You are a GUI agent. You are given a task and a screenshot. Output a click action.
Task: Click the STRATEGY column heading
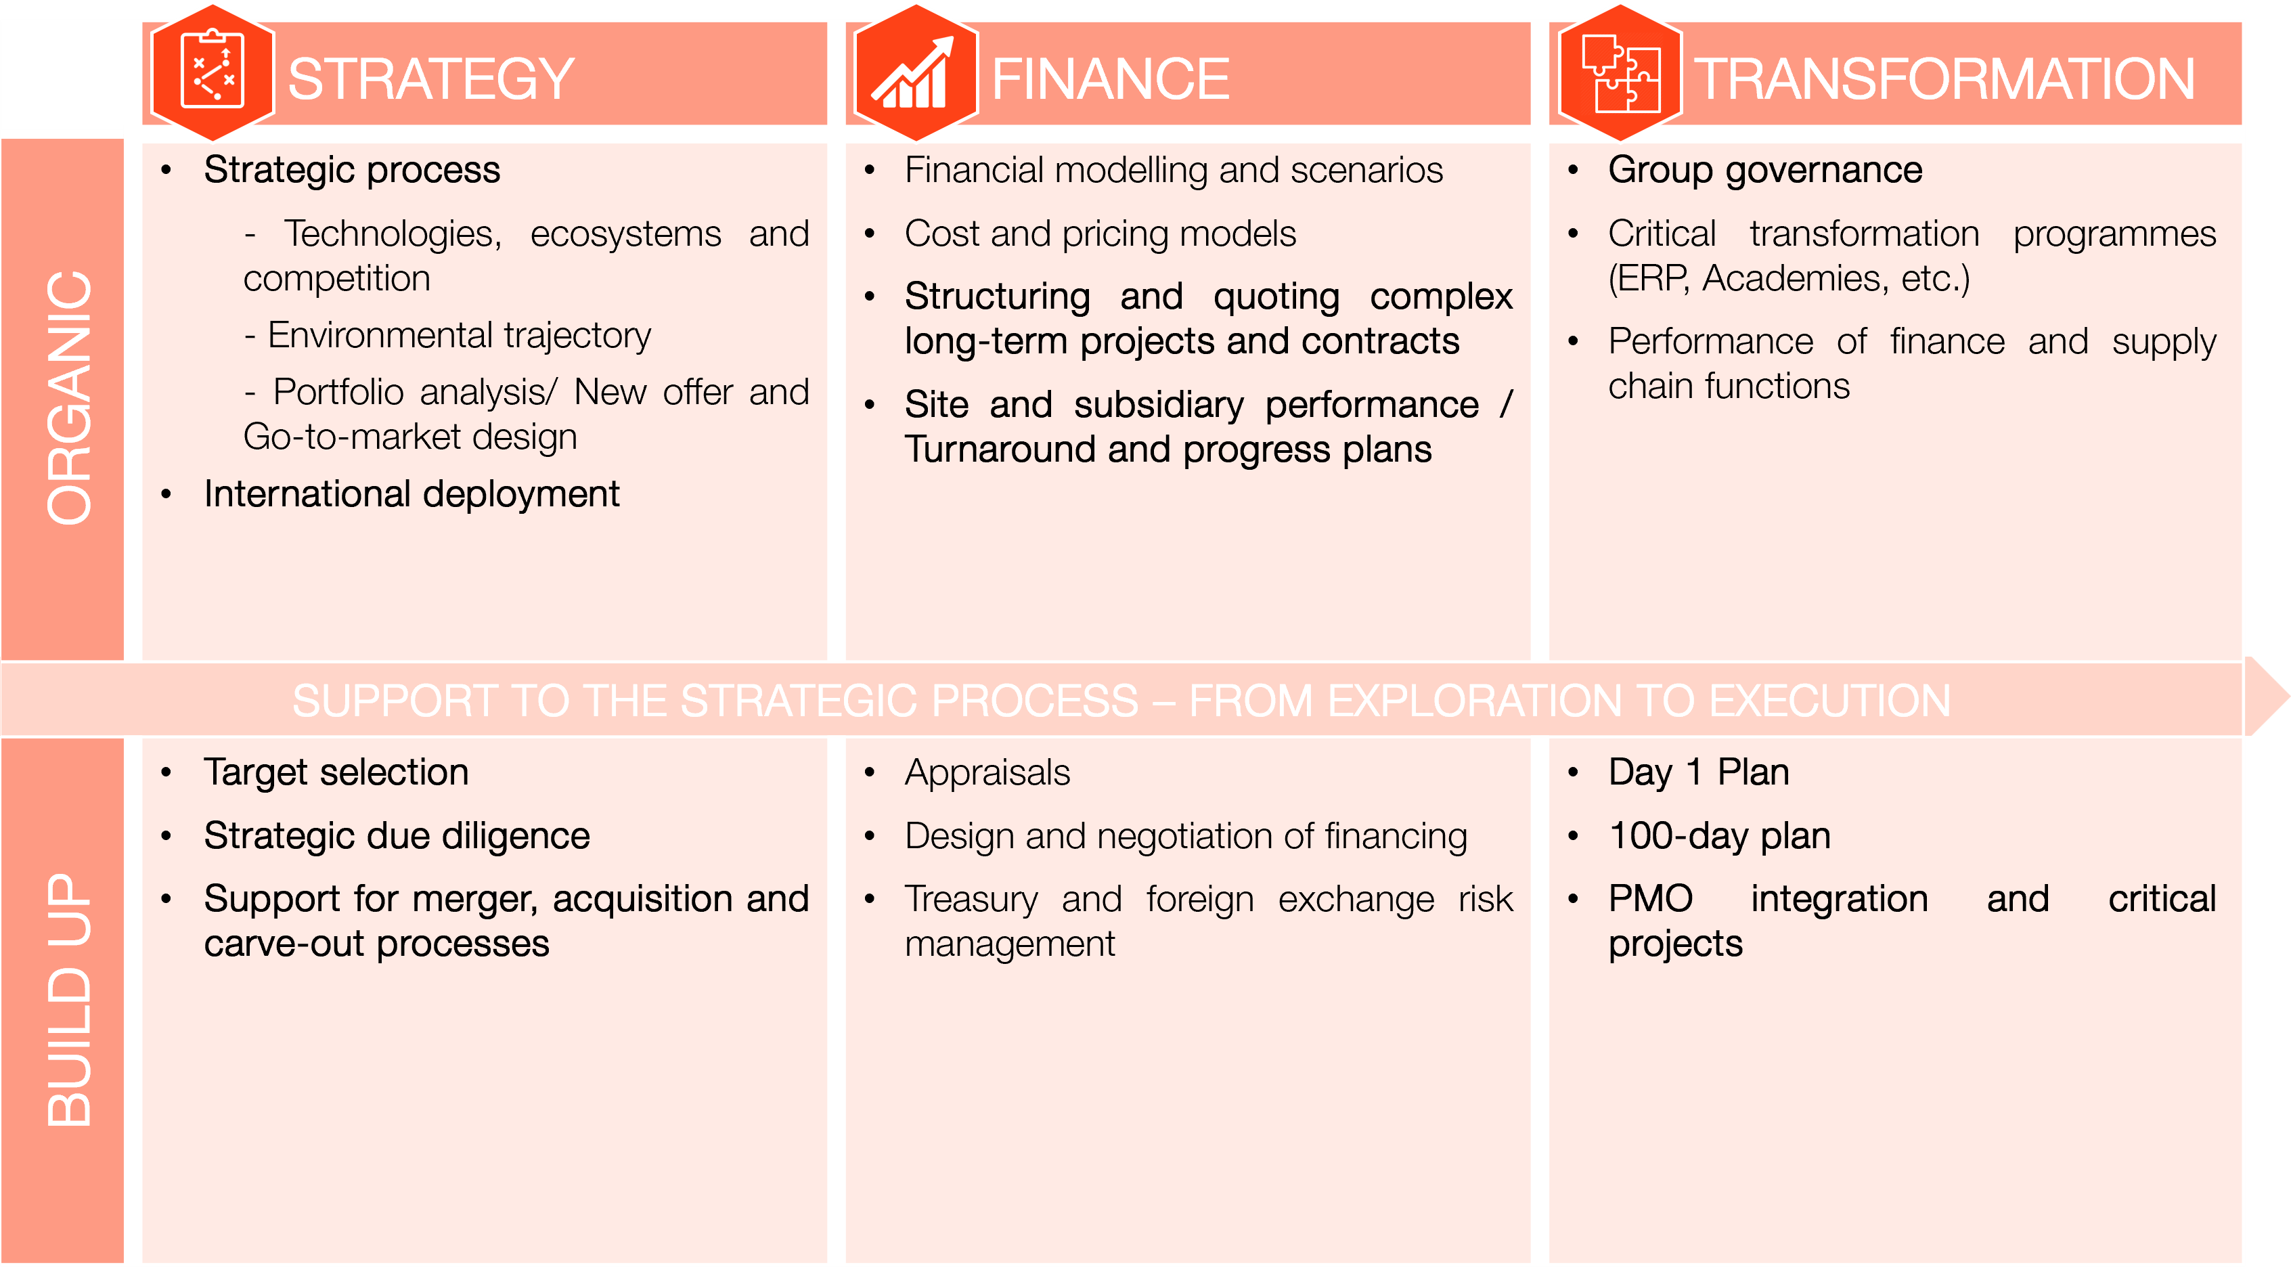[431, 79]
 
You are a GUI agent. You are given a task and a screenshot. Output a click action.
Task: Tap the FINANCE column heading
[1111, 79]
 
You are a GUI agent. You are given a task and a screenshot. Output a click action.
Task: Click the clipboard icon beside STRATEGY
[213, 70]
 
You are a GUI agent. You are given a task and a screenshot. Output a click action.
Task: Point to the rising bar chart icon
[914, 73]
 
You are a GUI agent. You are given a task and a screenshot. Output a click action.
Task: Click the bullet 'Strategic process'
[352, 170]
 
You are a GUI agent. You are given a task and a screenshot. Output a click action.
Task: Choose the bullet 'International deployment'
[412, 494]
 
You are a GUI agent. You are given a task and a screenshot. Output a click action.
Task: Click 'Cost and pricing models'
[1100, 234]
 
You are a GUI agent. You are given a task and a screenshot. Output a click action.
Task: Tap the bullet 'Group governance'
[1765, 170]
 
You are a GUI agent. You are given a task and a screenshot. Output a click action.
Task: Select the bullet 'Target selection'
[336, 772]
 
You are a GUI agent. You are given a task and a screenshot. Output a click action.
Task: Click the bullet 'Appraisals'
[987, 772]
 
